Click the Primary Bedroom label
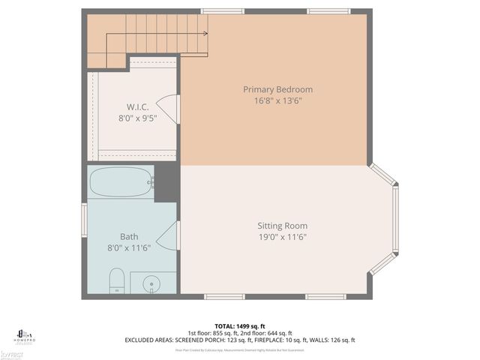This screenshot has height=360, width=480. pos(277,89)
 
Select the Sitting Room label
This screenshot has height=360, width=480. pos(282,226)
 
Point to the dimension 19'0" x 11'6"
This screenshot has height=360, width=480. pos(282,237)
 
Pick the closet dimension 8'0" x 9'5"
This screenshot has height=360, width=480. pos(137,118)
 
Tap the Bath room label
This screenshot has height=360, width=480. pos(129,236)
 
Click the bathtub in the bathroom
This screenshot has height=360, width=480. pos(121,181)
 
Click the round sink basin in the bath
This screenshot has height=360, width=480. pos(153,283)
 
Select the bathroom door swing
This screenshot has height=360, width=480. pos(172,236)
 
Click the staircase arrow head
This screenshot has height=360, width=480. pos(206,33)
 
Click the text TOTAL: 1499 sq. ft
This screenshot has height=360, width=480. pos(239,325)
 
